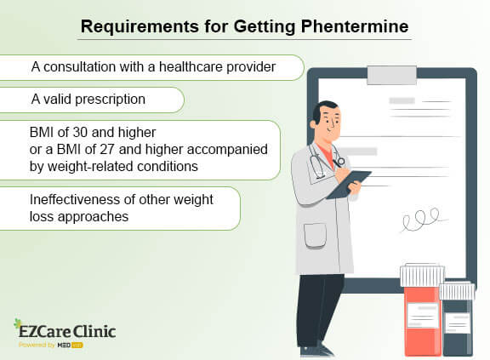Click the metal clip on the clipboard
391,74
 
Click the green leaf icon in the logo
19,324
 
